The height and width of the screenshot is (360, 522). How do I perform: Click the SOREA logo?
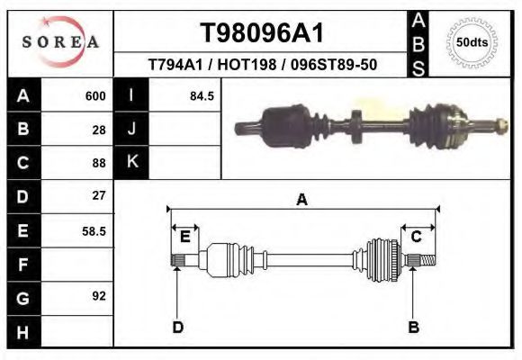[59, 42]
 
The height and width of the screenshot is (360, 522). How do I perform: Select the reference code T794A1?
[171, 66]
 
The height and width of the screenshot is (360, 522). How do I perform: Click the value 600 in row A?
[95, 96]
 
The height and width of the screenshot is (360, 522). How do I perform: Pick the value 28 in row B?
[99, 130]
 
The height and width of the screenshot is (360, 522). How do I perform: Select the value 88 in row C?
[99, 163]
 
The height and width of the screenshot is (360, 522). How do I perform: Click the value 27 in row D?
[99, 195]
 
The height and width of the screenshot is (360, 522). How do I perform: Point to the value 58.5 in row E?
[94, 230]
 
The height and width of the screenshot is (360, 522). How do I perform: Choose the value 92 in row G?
[99, 295]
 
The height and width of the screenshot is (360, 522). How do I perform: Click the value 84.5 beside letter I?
[202, 96]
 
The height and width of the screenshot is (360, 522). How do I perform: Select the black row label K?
[131, 163]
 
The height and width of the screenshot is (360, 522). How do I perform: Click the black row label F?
[22, 264]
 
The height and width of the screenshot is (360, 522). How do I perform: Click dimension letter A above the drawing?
[301, 200]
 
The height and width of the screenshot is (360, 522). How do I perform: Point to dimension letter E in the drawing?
[184, 237]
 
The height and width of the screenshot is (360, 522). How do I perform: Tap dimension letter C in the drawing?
[417, 237]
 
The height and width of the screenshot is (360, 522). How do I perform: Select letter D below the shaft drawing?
[177, 327]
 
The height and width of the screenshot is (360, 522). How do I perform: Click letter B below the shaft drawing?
[414, 327]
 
